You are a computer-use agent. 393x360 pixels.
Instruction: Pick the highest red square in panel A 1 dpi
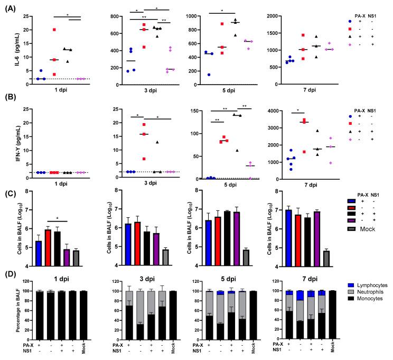click(53, 30)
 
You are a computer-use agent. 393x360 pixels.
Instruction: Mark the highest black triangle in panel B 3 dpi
click(156, 142)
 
